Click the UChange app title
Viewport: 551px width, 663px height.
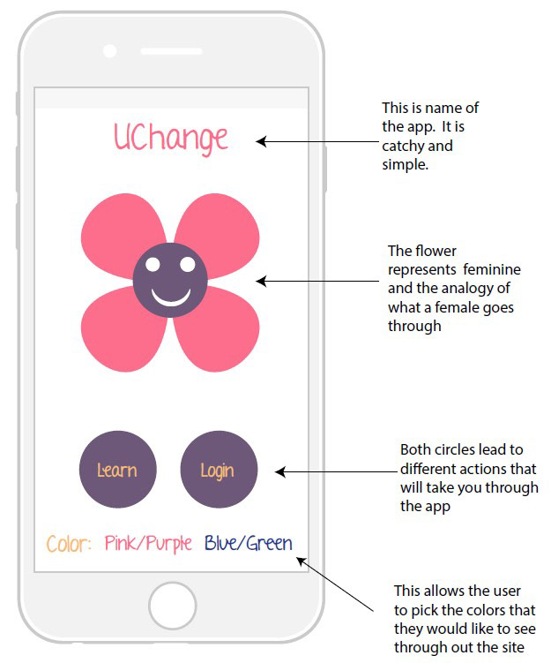(x=171, y=138)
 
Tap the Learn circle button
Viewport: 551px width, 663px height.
(x=117, y=470)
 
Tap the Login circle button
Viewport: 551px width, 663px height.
(x=218, y=470)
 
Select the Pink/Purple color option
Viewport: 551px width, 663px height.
(x=148, y=544)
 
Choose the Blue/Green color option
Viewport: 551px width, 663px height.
(x=249, y=544)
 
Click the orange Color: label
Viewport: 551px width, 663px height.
(x=69, y=544)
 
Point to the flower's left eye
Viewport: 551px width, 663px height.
(x=153, y=264)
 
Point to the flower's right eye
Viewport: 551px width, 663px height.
(x=187, y=264)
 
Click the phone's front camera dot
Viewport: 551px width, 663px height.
(x=110, y=51)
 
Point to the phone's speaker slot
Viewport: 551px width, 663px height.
(x=170, y=51)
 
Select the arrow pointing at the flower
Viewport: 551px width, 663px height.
(x=317, y=282)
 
